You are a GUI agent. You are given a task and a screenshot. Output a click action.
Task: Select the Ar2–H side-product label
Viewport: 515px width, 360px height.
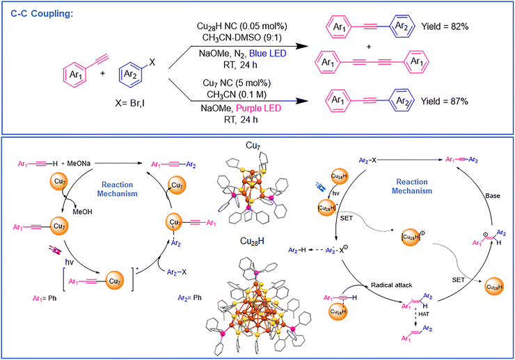(322, 251)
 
